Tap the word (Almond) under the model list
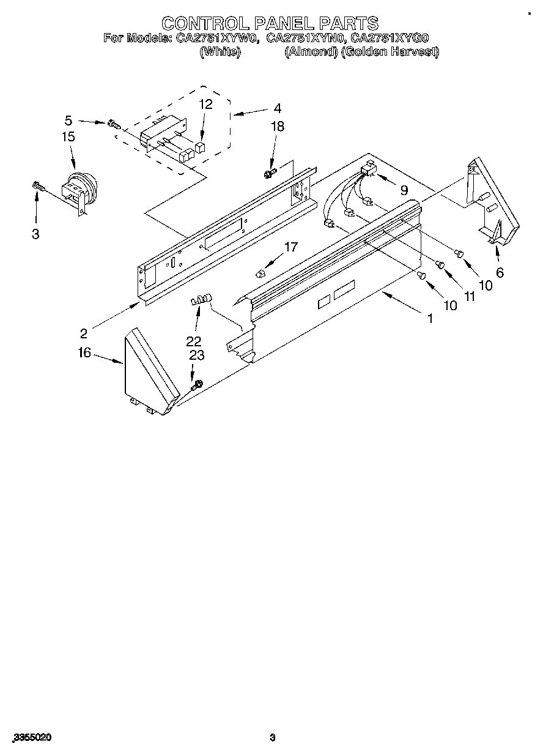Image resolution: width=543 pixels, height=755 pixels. tap(311, 52)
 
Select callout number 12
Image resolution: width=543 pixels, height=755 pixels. tap(205, 104)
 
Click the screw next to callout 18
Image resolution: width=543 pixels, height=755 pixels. tap(270, 173)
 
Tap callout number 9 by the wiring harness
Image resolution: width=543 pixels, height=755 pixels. tap(404, 190)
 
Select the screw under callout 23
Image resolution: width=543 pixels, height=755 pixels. tap(196, 386)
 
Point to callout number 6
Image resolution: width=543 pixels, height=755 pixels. tap(500, 273)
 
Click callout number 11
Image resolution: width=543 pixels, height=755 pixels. tap(470, 296)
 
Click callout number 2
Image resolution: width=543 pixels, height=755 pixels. tap(83, 333)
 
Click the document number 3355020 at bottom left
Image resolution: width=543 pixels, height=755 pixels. tap(31, 738)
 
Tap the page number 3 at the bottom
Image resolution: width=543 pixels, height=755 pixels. tap(273, 738)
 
